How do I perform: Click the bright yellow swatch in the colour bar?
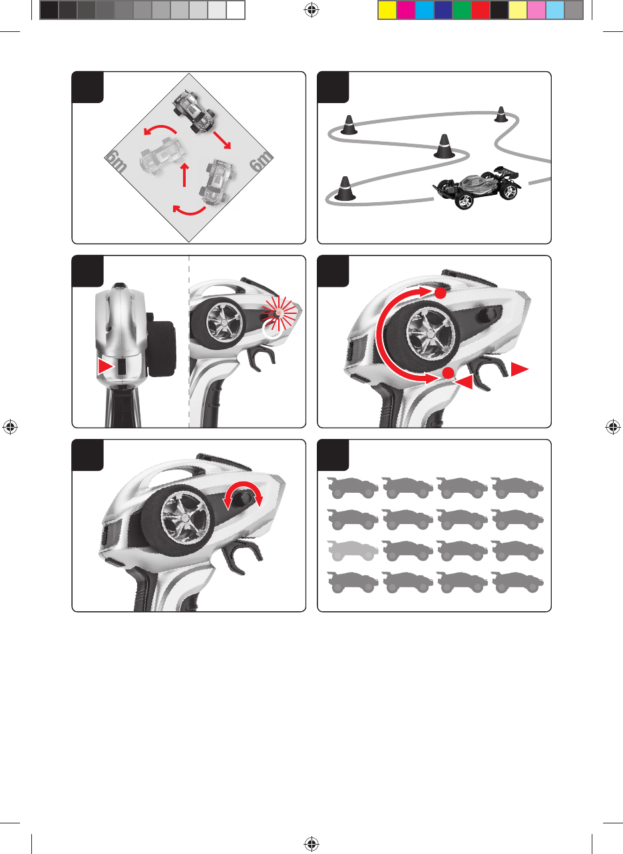[x=387, y=10]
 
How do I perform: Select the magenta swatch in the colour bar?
[x=406, y=10]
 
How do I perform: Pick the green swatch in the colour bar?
[x=462, y=10]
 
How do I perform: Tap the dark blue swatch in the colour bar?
[x=443, y=10]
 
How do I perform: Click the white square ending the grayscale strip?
[x=236, y=10]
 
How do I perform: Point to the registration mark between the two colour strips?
[x=311, y=10]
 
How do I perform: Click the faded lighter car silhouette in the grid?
[x=353, y=550]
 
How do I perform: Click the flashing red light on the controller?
[x=279, y=313]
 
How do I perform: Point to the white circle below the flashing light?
[x=272, y=329]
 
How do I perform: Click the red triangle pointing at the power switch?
[x=106, y=366]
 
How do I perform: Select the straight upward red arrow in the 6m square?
[x=184, y=175]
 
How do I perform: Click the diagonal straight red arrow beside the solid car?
[x=222, y=140]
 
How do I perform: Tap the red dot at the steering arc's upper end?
[x=440, y=293]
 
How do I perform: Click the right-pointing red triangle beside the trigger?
[x=519, y=369]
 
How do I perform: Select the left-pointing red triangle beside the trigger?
[x=464, y=382]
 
